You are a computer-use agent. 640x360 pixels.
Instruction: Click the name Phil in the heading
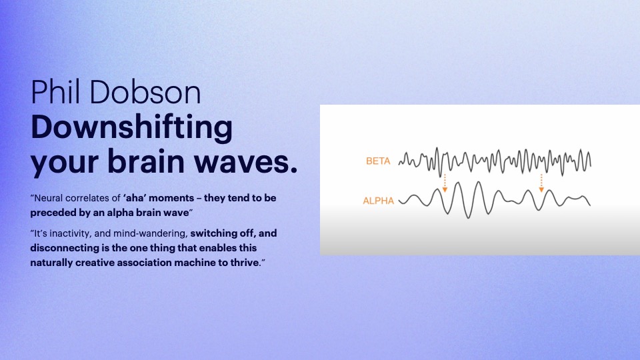coord(56,92)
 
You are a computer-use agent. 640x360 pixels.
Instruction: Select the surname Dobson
coord(145,92)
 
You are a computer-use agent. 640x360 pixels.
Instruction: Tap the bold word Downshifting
coord(132,129)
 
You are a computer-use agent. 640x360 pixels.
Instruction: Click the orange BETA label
coord(378,161)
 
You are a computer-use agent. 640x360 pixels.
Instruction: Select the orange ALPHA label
coord(379,201)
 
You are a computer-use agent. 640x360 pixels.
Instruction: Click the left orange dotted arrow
coord(445,183)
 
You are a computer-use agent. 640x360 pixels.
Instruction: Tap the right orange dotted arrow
coord(541,183)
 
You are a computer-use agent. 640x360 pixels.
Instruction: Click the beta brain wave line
coord(494,162)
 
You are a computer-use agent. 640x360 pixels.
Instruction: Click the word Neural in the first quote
coord(48,199)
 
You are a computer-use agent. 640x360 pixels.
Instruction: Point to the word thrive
coord(245,263)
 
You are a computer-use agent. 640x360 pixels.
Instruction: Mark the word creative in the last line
coord(95,263)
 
